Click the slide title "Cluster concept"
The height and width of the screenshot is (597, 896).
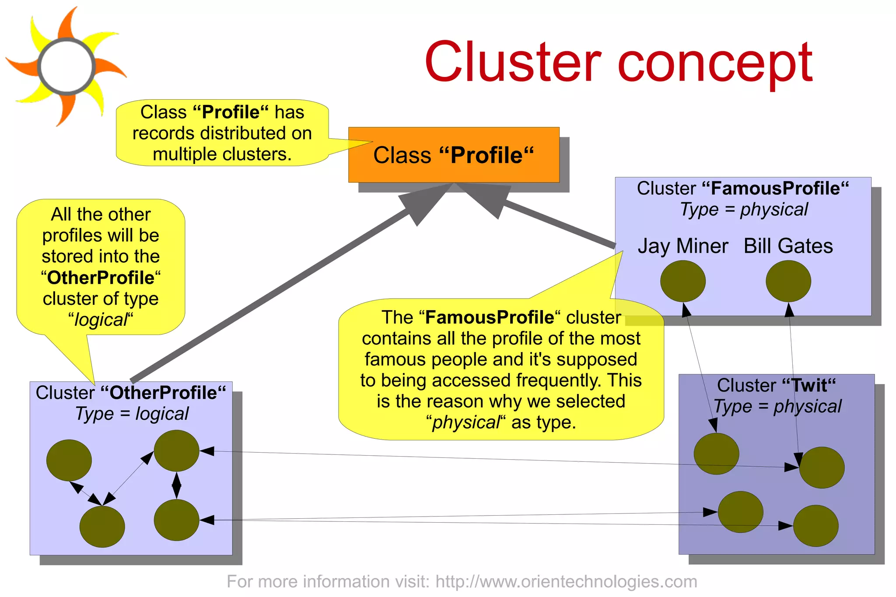click(618, 62)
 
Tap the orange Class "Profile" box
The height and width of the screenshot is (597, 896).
click(454, 155)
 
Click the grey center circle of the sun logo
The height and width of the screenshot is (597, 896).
click(66, 66)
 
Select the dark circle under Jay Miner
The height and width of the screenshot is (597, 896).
click(682, 281)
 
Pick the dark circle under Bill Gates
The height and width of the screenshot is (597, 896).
click(788, 281)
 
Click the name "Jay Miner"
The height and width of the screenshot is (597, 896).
click(682, 246)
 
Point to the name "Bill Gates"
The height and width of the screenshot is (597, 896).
click(788, 246)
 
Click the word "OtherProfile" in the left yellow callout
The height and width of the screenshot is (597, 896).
click(101, 278)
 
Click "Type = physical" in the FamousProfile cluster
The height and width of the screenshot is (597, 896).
click(743, 209)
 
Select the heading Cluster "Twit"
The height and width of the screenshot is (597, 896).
click(776, 385)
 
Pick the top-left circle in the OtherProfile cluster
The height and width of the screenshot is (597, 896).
click(69, 460)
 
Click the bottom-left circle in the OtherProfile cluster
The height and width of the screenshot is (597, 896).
click(102, 526)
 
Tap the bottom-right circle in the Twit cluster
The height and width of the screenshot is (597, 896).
click(815, 525)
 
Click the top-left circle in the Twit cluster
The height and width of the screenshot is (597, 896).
click(716, 454)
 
